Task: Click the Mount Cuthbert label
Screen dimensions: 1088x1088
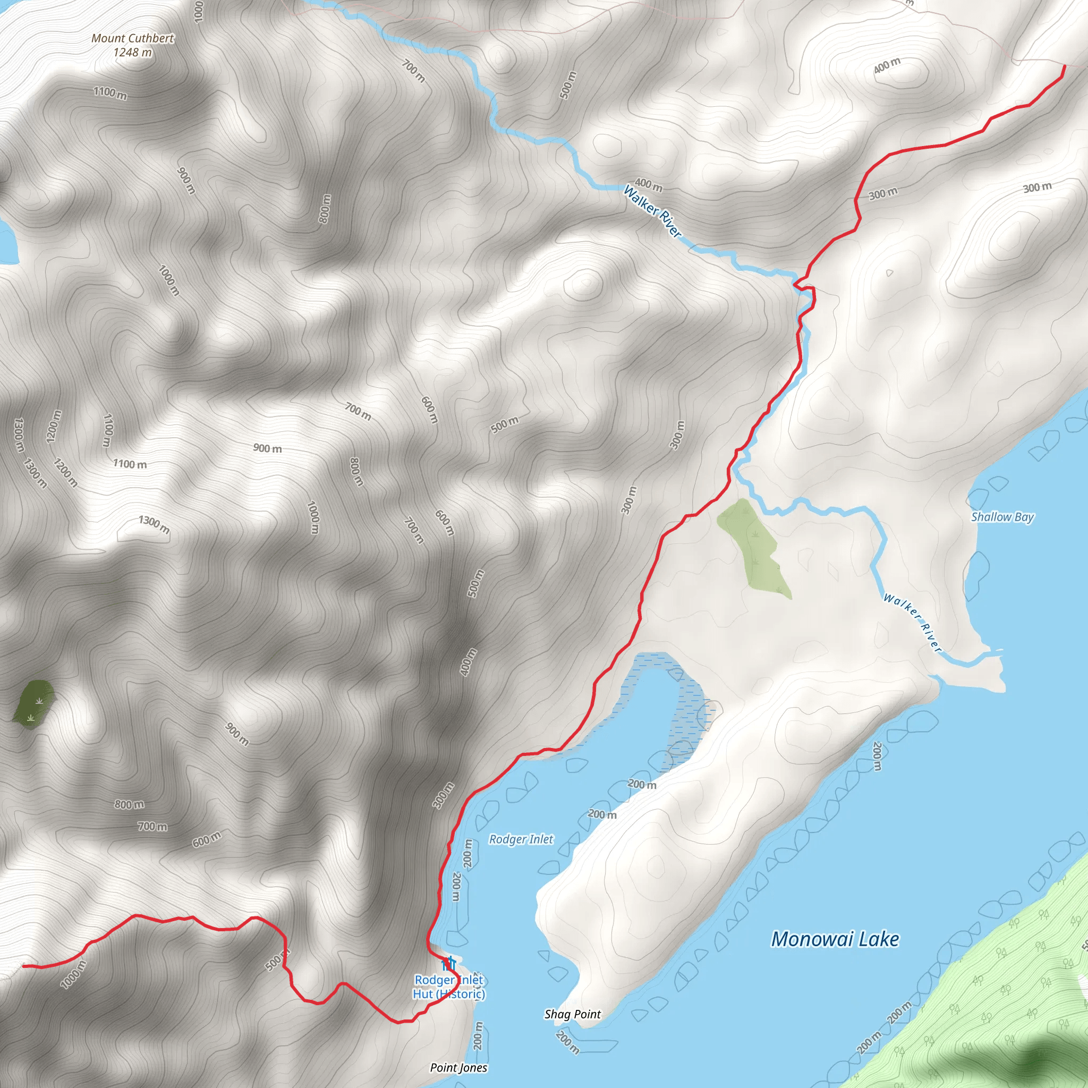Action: (x=133, y=38)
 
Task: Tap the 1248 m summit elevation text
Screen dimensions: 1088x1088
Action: (x=133, y=53)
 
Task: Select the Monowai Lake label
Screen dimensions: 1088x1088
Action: (x=835, y=939)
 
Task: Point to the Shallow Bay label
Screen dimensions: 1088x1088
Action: (x=1002, y=517)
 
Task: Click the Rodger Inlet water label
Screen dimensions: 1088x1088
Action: (x=521, y=840)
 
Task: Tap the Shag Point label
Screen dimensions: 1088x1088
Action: (x=572, y=1014)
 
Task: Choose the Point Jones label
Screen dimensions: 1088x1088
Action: (x=458, y=1068)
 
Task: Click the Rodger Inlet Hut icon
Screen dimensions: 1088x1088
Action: (x=449, y=964)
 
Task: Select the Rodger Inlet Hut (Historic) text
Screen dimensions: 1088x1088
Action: (x=449, y=987)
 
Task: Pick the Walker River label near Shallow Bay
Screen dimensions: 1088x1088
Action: (x=913, y=622)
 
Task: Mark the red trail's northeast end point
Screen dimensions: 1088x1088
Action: (x=1064, y=66)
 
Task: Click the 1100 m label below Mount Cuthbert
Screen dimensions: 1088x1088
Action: (x=110, y=93)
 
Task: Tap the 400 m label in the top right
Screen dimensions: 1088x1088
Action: (x=887, y=66)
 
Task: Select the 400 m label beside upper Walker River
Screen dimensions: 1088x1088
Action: (x=649, y=184)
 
